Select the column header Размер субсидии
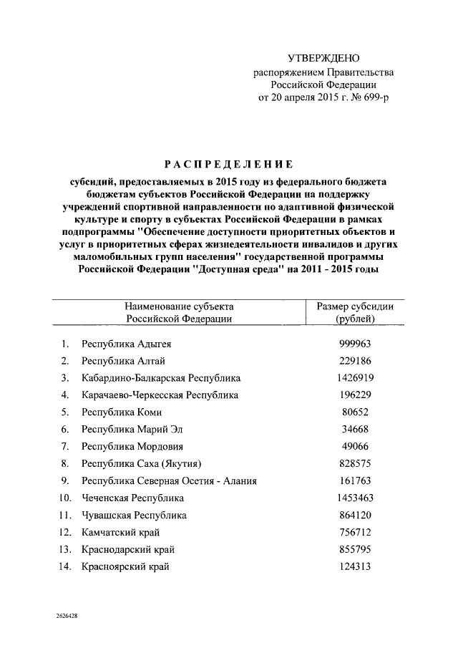click(x=355, y=306)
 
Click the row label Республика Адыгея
click(x=126, y=343)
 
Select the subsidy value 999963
click(x=355, y=343)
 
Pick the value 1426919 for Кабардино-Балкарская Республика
click(x=355, y=377)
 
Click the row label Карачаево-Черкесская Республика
click(x=160, y=395)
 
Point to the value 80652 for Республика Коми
click(x=355, y=412)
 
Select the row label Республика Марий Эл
click(x=130, y=429)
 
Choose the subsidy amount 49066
click(x=355, y=446)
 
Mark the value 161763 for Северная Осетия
click(x=355, y=480)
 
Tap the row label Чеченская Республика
click(x=133, y=498)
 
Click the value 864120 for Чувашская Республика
click(x=355, y=515)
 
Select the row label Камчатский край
click(x=121, y=532)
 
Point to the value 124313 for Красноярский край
click(x=355, y=566)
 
